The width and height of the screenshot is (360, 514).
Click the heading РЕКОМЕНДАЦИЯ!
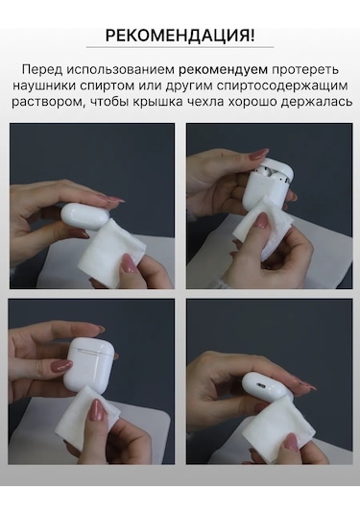coord(180,37)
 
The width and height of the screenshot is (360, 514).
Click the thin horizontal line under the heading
coord(180,48)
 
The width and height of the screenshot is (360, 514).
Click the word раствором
coord(50,102)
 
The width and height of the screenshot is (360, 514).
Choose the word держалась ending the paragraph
coord(309,102)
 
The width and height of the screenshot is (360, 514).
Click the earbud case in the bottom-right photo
coord(267,386)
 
